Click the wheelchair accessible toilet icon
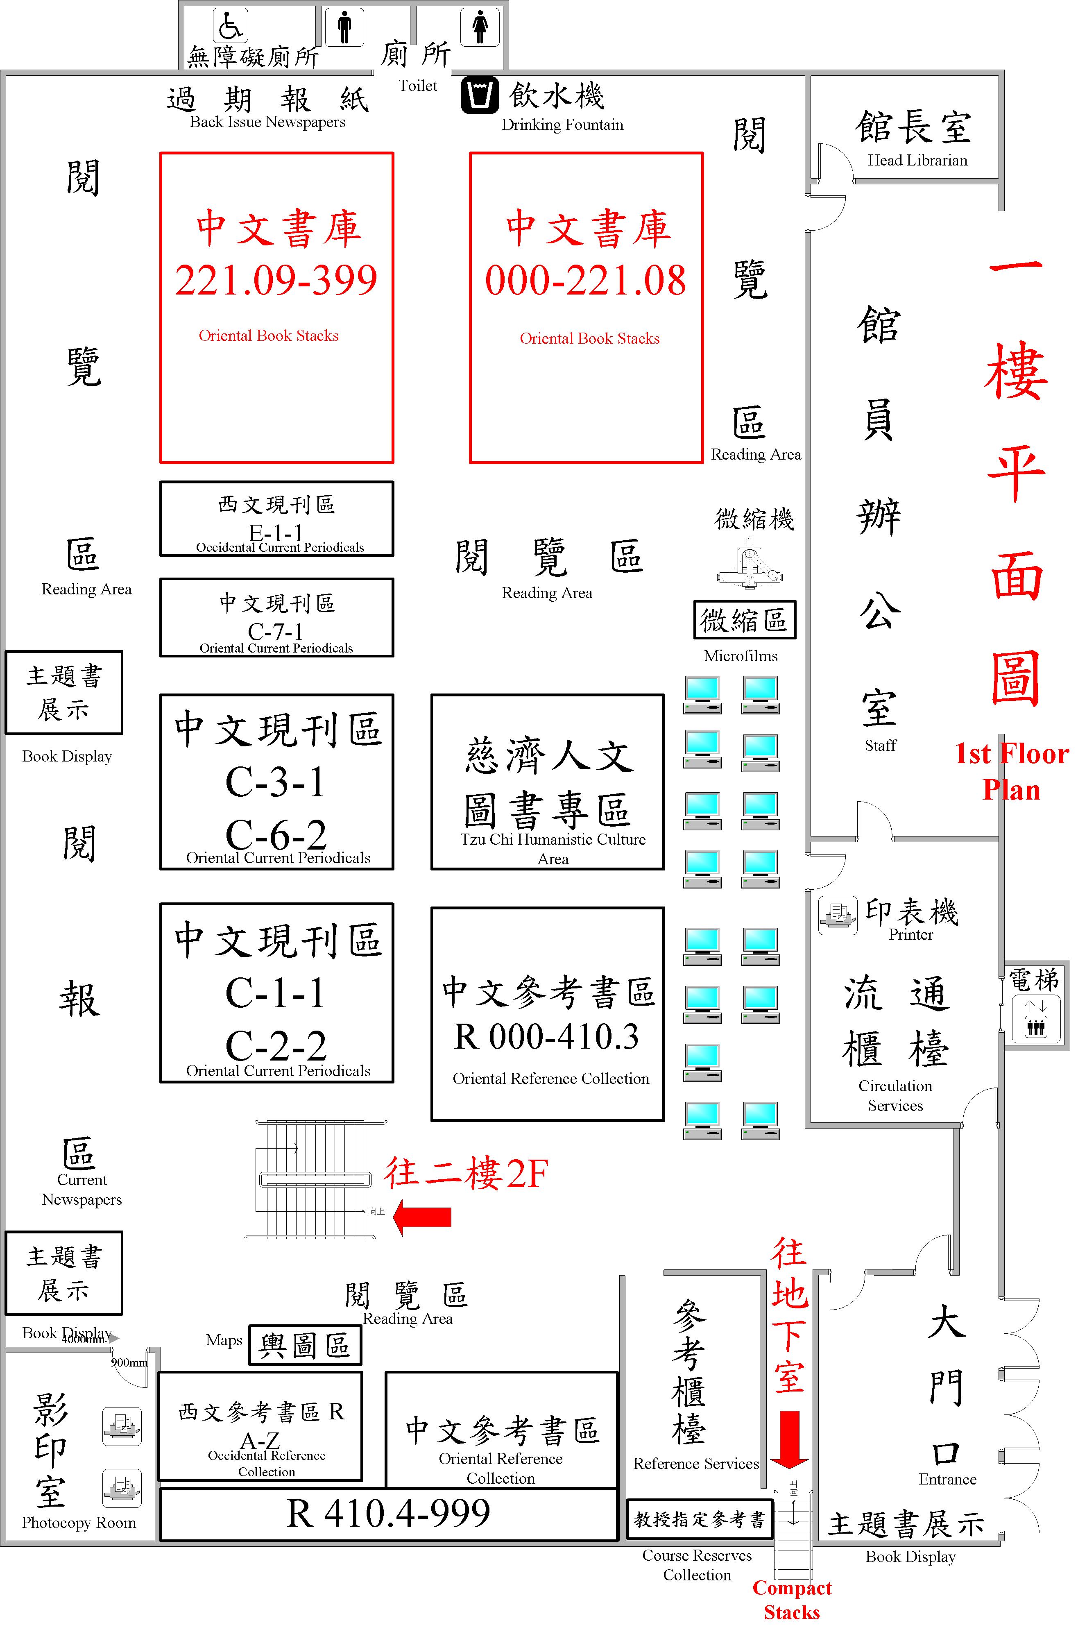(230, 25)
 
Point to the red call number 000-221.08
(586, 281)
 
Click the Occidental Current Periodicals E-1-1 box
(276, 519)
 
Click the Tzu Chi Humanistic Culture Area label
(553, 849)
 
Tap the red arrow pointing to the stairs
(422, 1217)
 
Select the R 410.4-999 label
(388, 1513)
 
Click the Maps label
(224, 1340)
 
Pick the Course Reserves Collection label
(697, 1565)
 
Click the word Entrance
(947, 1479)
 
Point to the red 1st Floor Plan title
(1011, 771)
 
